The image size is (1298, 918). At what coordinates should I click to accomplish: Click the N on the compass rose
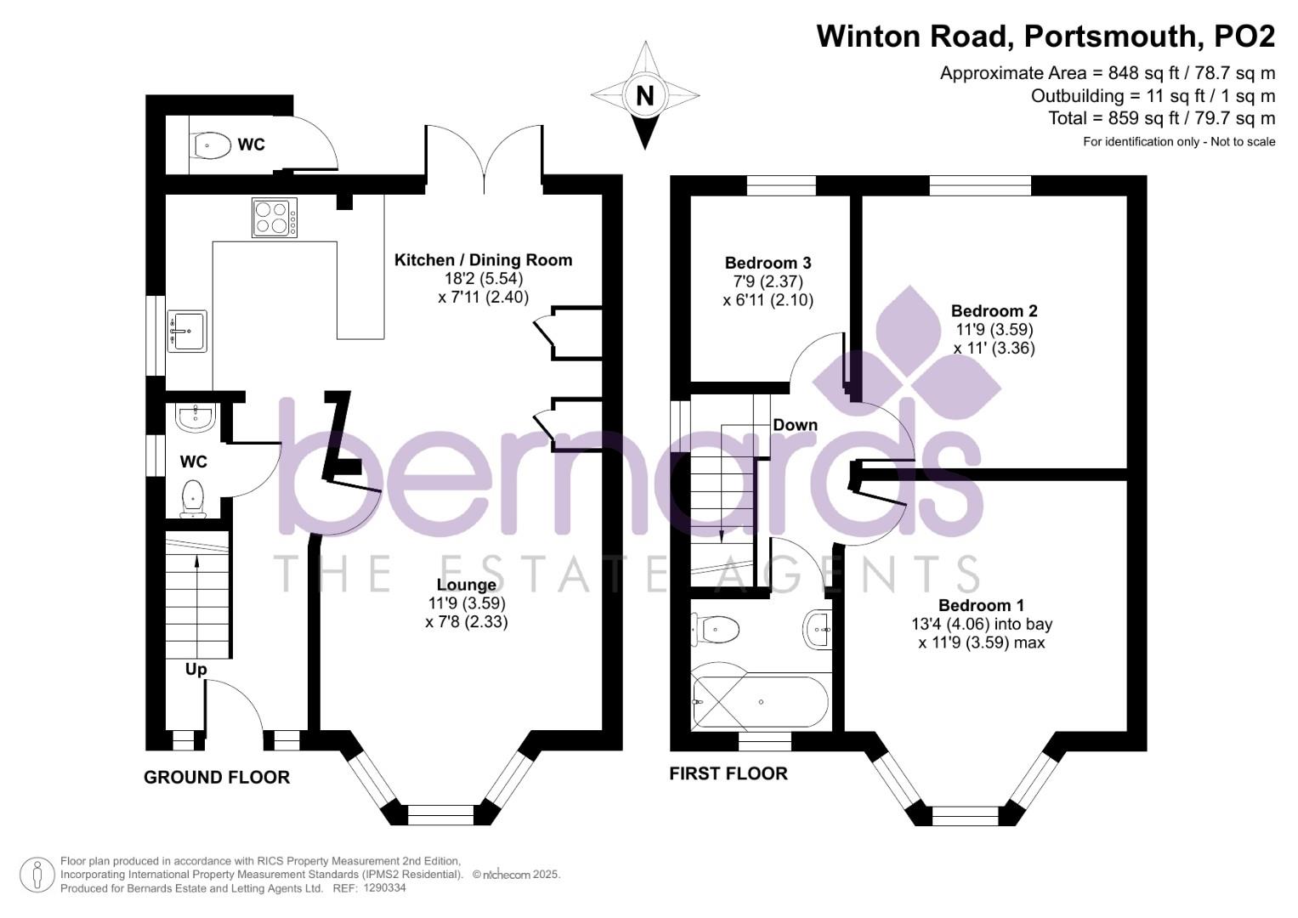click(645, 95)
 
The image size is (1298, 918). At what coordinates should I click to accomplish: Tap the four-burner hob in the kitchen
click(275, 218)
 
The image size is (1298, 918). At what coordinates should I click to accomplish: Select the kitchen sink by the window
click(187, 331)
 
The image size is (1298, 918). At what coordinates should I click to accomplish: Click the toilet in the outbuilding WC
click(213, 144)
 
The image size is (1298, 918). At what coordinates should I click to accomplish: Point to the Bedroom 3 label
click(768, 263)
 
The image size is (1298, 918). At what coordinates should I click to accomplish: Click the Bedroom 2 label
click(995, 311)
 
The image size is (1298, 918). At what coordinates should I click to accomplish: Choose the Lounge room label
click(467, 585)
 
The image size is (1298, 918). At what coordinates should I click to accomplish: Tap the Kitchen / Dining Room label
click(484, 260)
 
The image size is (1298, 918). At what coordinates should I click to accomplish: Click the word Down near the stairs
click(795, 425)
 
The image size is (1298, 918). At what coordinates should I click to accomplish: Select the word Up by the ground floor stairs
click(196, 670)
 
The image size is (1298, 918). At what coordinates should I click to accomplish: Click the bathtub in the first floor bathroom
click(760, 702)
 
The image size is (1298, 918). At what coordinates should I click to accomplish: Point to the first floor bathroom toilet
click(716, 630)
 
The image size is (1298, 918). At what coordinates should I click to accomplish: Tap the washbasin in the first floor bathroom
click(818, 629)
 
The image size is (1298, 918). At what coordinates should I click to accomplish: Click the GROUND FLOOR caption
click(217, 777)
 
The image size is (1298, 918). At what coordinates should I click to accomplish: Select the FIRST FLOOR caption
click(728, 773)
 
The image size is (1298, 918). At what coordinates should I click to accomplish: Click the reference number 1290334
click(384, 888)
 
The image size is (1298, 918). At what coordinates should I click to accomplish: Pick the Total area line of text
click(1161, 118)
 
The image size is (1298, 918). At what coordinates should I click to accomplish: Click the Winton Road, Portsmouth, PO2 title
click(1046, 36)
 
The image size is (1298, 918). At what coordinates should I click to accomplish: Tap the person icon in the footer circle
click(37, 875)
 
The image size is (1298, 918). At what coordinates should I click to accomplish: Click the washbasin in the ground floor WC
click(196, 417)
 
